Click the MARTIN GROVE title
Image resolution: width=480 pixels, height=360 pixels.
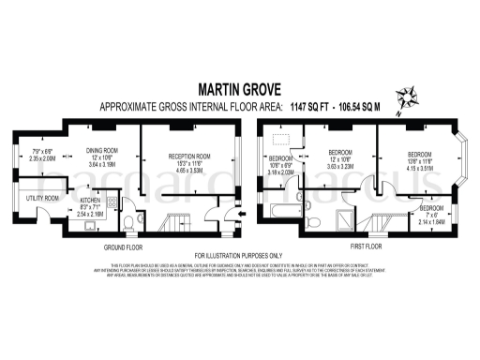click(239, 90)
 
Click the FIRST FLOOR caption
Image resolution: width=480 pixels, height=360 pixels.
click(361, 247)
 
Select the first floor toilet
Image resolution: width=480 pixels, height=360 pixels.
click(315, 221)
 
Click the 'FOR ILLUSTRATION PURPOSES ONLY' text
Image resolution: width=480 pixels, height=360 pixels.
click(239, 255)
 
